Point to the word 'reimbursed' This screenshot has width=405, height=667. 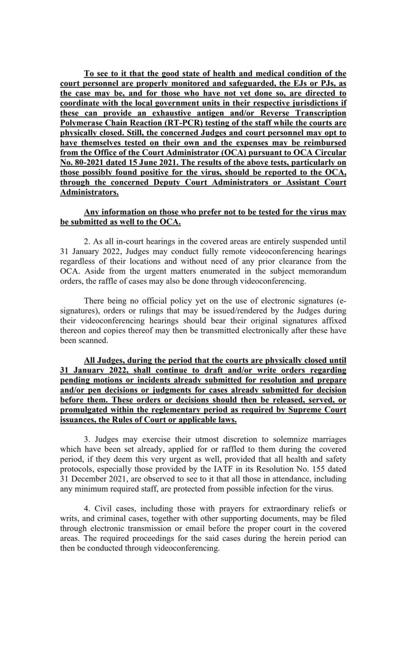(325, 143)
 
